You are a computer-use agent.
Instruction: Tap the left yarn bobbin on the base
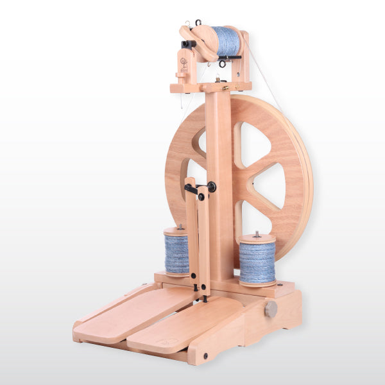tap(176, 254)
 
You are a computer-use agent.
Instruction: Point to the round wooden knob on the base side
tap(271, 309)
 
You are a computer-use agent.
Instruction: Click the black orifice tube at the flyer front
tap(188, 44)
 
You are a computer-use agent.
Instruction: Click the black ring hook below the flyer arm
tap(222, 64)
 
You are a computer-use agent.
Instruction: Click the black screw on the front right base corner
tap(205, 355)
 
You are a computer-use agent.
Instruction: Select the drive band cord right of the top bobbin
tap(263, 71)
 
